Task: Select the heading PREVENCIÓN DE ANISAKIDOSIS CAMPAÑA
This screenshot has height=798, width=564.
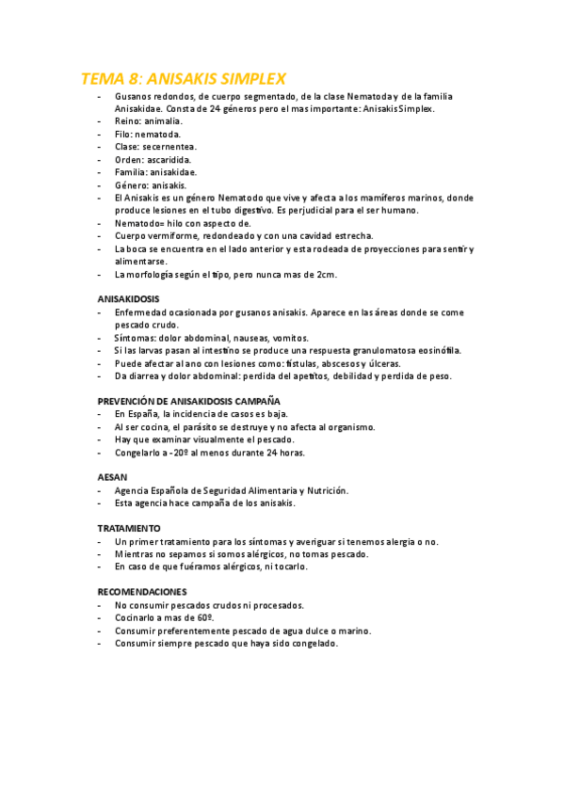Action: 189,400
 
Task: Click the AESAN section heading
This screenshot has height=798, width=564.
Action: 113,477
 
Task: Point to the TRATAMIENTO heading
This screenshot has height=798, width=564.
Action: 129,528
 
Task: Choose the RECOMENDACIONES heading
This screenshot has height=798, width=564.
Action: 142,592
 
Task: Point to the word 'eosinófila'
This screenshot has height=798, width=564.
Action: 439,350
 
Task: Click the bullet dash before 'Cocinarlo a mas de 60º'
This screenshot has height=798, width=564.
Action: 101,618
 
